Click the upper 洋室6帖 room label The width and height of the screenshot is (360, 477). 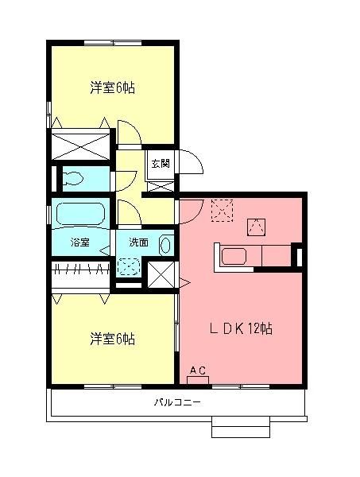[112, 89]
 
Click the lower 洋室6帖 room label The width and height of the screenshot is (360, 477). [112, 339]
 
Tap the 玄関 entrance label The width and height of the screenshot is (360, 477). [160, 164]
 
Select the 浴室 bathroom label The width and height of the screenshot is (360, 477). [79, 242]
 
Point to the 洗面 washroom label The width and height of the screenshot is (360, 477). [138, 242]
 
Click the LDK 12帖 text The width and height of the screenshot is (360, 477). [241, 328]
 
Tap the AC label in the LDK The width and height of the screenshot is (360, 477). [199, 370]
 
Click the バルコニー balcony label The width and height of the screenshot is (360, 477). [177, 402]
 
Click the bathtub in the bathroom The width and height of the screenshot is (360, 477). [79, 213]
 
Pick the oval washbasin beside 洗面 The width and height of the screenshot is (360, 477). [165, 244]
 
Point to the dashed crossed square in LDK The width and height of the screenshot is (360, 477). [221, 211]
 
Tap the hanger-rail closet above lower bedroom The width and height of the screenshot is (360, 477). [79, 276]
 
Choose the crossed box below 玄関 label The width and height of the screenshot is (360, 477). [161, 187]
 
